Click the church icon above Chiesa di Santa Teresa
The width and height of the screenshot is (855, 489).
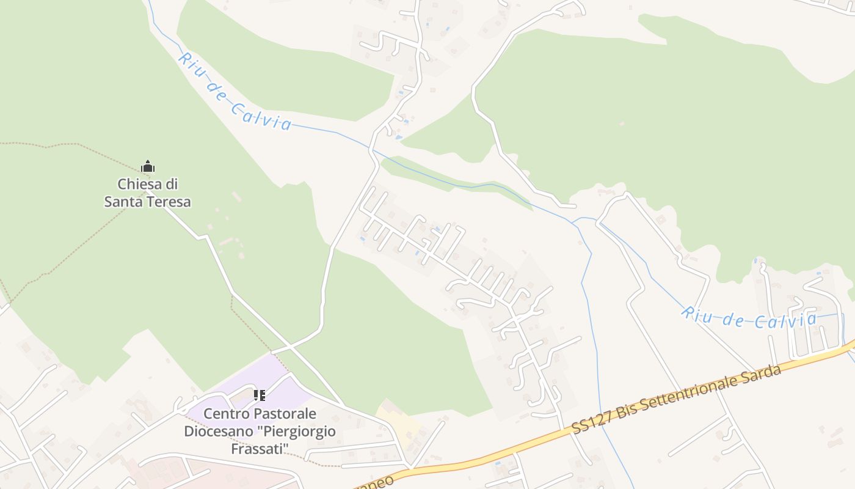pos(147,166)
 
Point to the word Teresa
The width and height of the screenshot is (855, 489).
pos(170,201)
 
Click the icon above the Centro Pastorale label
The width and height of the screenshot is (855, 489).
pos(260,395)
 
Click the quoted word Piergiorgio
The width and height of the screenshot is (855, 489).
pos(297,432)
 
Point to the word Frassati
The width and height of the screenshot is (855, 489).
pos(260,449)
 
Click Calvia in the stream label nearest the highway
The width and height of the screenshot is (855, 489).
pos(787,321)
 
